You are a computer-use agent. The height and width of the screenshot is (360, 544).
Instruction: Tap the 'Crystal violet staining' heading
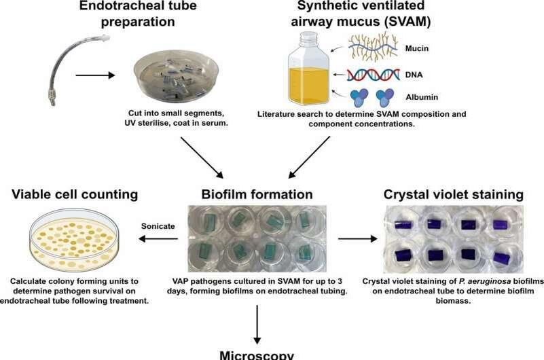pos(453,195)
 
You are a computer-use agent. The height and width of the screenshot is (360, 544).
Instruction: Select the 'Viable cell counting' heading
pos(74,195)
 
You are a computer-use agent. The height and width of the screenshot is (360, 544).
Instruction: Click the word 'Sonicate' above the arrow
pos(158,225)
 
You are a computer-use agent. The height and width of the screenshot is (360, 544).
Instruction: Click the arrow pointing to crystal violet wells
pos(356,239)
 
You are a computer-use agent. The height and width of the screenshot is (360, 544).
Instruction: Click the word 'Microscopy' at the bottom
pos(257,355)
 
